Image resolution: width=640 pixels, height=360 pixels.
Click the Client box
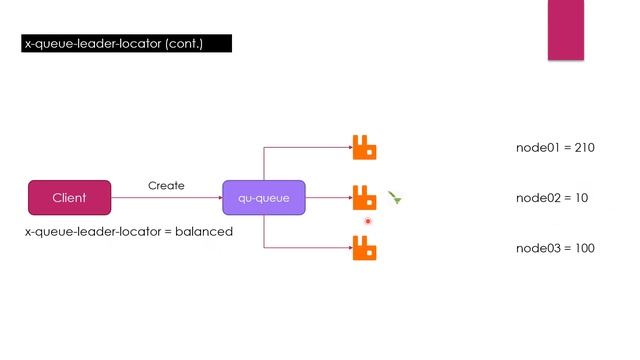(x=69, y=198)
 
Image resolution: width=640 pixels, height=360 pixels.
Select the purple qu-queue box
(x=263, y=198)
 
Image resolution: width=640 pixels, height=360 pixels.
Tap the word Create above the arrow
(x=166, y=186)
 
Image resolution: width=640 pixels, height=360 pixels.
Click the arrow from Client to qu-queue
(x=166, y=198)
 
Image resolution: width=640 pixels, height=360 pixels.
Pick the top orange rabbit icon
(x=364, y=148)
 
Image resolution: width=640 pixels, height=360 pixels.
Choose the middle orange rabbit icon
(x=364, y=197)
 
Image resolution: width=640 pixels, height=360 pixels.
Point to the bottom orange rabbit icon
(x=364, y=247)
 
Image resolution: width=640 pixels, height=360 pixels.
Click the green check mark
(x=396, y=199)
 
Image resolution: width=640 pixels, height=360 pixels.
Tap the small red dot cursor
(x=368, y=221)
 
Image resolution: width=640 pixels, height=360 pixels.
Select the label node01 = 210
(x=555, y=148)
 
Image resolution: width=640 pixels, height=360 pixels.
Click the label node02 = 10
(x=551, y=198)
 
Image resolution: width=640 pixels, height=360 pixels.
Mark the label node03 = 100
(x=555, y=248)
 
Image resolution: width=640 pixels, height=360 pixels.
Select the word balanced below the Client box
(x=205, y=232)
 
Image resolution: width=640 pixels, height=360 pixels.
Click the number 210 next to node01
(x=585, y=148)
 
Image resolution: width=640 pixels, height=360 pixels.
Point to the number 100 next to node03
(x=585, y=248)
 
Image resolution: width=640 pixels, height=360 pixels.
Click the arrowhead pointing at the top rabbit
(x=347, y=148)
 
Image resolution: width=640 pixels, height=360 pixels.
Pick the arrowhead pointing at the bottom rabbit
(x=347, y=247)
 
